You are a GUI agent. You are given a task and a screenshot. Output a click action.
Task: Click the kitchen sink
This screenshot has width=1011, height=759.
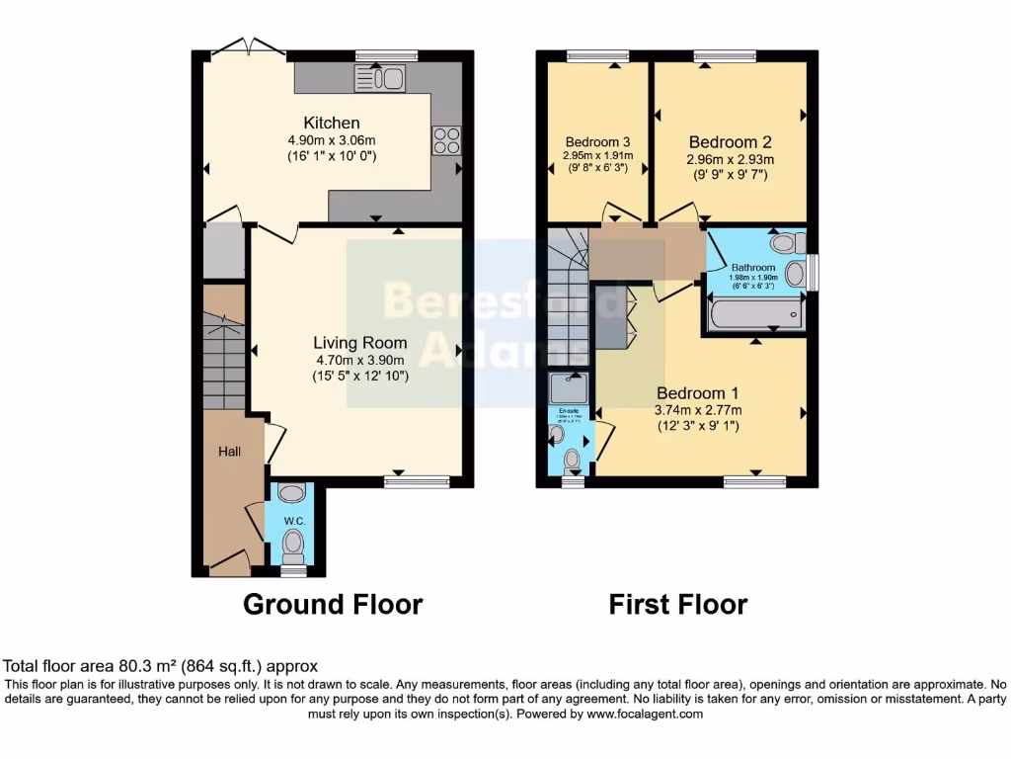380,78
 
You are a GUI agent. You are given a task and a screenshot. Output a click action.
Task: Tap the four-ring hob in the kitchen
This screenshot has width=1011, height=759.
445,140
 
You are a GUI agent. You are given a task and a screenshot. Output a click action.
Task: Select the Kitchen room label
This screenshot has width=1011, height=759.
332,123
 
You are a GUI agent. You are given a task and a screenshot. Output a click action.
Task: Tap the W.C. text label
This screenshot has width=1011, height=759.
291,521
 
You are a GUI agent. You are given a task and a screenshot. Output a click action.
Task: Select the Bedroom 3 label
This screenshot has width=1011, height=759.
596,140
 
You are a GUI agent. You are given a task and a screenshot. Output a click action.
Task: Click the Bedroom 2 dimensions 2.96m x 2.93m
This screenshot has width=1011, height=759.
730,159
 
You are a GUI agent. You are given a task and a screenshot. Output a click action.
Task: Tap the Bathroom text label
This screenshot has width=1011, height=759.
752,268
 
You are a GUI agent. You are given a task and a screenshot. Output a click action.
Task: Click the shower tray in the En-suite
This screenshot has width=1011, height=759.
570,387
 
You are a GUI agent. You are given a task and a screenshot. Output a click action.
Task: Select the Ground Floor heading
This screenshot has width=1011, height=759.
333,604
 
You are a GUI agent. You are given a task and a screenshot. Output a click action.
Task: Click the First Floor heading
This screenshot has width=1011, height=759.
677,604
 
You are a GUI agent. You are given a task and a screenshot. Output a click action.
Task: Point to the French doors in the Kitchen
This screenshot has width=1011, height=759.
249,46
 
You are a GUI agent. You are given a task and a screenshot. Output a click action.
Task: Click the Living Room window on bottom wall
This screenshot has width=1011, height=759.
417,481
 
